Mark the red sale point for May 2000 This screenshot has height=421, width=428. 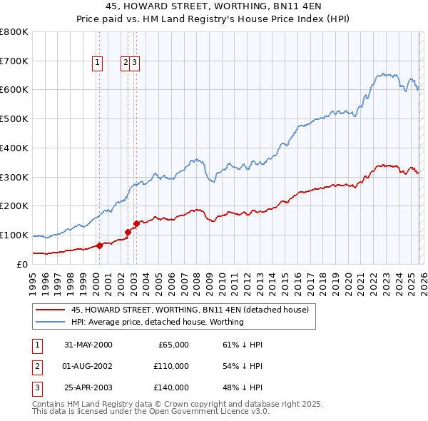[100, 245]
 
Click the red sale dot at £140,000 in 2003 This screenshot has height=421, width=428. [136, 223]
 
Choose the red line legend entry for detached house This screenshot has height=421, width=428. [190, 310]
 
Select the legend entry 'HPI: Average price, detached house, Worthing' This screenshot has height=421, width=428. [157, 322]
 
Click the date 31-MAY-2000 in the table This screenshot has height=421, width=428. [88, 345]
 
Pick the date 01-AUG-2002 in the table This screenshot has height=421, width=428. [88, 366]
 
